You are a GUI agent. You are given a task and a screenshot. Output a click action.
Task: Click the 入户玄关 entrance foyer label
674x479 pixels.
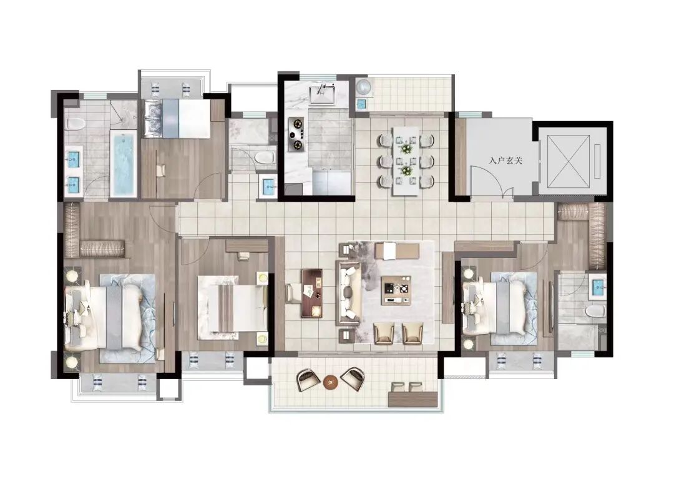tap(506, 161)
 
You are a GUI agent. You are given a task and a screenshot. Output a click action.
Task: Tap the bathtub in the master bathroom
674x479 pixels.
tap(124, 164)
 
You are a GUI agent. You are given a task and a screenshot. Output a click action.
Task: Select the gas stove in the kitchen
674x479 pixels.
tap(296, 134)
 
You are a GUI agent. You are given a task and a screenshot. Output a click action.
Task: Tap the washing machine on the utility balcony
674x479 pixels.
tap(365, 86)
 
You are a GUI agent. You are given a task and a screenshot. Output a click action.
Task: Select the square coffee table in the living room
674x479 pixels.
tap(396, 290)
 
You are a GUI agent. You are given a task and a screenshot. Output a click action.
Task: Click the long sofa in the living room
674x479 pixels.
tap(349, 292)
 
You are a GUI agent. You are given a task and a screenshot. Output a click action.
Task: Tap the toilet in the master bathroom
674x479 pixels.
tap(76, 124)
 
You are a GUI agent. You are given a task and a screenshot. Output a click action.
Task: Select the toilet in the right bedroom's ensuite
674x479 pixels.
tap(595, 312)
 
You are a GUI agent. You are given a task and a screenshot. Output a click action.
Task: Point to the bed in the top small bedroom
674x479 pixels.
tap(177, 119)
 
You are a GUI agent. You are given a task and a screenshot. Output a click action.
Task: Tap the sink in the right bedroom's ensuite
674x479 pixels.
tap(598, 287)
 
